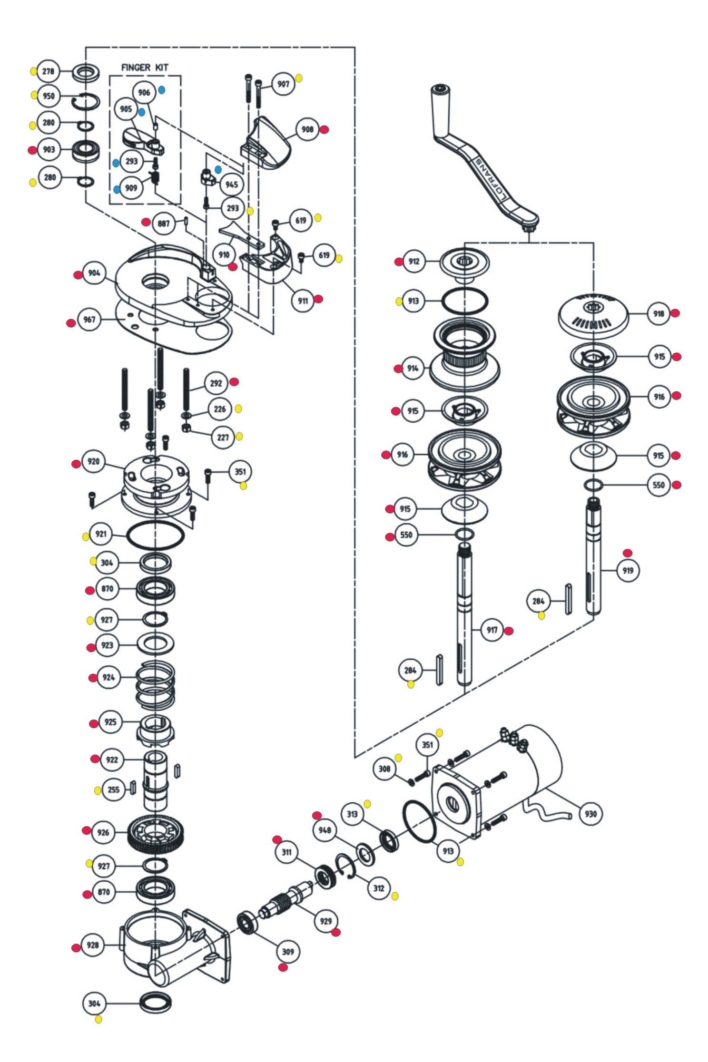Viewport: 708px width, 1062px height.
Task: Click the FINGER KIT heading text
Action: pyautogui.click(x=144, y=68)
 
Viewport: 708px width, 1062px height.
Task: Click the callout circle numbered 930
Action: pyautogui.click(x=590, y=813)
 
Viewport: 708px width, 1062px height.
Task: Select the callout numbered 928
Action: pyautogui.click(x=93, y=945)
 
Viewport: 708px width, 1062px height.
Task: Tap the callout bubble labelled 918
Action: pyautogui.click(x=659, y=313)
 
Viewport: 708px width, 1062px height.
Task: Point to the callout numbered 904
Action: pyautogui.click(x=94, y=273)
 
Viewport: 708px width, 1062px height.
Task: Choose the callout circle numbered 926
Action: pyautogui.click(x=103, y=832)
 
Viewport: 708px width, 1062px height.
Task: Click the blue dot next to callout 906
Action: pyautogui.click(x=162, y=89)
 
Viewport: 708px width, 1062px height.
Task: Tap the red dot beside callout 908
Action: pyautogui.click(x=324, y=129)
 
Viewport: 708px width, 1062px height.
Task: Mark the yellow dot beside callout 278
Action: pyautogui.click(x=34, y=71)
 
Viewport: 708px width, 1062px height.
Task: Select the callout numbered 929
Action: pyautogui.click(x=325, y=921)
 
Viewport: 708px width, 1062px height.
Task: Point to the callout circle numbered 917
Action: pyautogui.click(x=492, y=630)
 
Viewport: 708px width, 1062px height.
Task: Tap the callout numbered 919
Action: pyautogui.click(x=628, y=570)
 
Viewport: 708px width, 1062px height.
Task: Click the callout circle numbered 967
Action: pyautogui.click(x=89, y=320)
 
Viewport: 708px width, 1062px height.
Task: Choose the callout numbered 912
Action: pyautogui.click(x=414, y=261)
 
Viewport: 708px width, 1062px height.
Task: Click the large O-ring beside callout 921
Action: pyautogui.click(x=156, y=536)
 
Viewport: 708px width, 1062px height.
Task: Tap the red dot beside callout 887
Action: pyautogui.click(x=146, y=222)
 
